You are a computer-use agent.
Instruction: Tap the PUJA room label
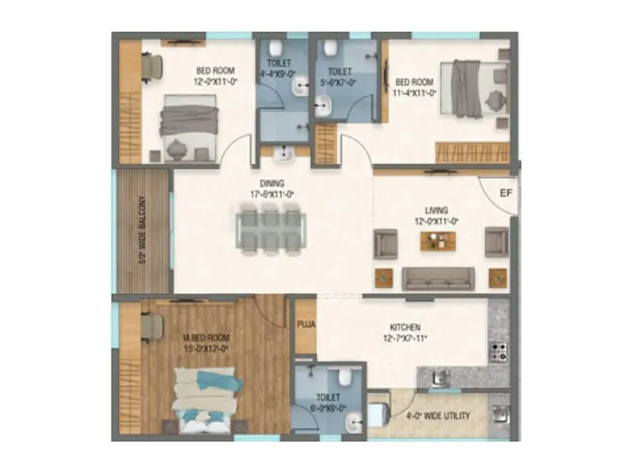point(304,324)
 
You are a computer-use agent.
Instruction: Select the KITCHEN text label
point(404,327)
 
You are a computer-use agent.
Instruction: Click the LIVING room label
point(436,210)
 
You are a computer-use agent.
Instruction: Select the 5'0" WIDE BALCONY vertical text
point(143,231)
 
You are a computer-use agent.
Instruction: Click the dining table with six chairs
point(269,230)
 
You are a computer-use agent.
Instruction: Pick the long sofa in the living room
point(438,278)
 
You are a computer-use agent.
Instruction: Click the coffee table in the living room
point(438,239)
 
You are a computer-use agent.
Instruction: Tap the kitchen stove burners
point(499,351)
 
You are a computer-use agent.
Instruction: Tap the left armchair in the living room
point(386,242)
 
